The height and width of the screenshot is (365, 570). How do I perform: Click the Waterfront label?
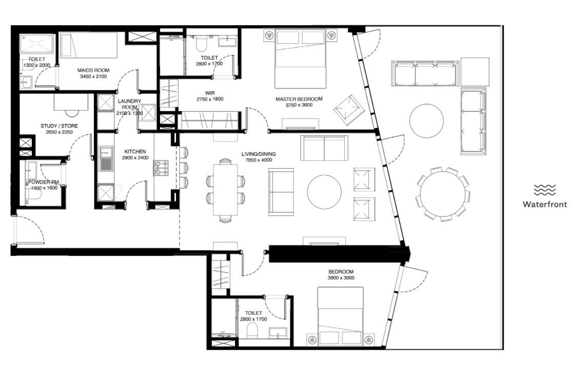(x=544, y=205)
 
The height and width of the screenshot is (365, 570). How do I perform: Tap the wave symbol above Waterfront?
(x=544, y=190)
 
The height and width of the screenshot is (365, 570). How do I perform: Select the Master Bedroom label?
(x=299, y=99)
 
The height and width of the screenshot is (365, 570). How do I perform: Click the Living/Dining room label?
(x=259, y=154)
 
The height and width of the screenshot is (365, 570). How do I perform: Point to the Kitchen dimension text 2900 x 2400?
(x=135, y=157)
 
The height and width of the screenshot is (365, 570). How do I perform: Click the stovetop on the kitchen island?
(x=162, y=168)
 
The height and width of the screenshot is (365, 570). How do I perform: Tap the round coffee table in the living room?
(x=324, y=192)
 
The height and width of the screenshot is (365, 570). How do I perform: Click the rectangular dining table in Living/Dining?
(x=225, y=190)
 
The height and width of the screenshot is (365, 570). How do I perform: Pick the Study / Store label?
(x=59, y=126)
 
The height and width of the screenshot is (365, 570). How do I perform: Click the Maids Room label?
(x=93, y=70)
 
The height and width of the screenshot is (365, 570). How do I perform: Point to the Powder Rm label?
(x=44, y=182)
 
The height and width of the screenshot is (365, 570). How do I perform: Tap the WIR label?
(x=210, y=93)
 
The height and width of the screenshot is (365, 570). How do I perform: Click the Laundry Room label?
(x=129, y=104)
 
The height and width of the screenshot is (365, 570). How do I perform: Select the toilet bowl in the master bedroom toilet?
(x=201, y=44)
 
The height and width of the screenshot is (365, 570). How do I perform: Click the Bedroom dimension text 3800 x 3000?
(x=341, y=278)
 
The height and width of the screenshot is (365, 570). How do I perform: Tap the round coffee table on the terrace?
(x=426, y=121)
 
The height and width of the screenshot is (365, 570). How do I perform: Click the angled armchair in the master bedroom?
(x=349, y=110)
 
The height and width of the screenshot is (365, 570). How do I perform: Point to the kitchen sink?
(x=106, y=159)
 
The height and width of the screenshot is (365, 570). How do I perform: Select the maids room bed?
(x=89, y=46)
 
